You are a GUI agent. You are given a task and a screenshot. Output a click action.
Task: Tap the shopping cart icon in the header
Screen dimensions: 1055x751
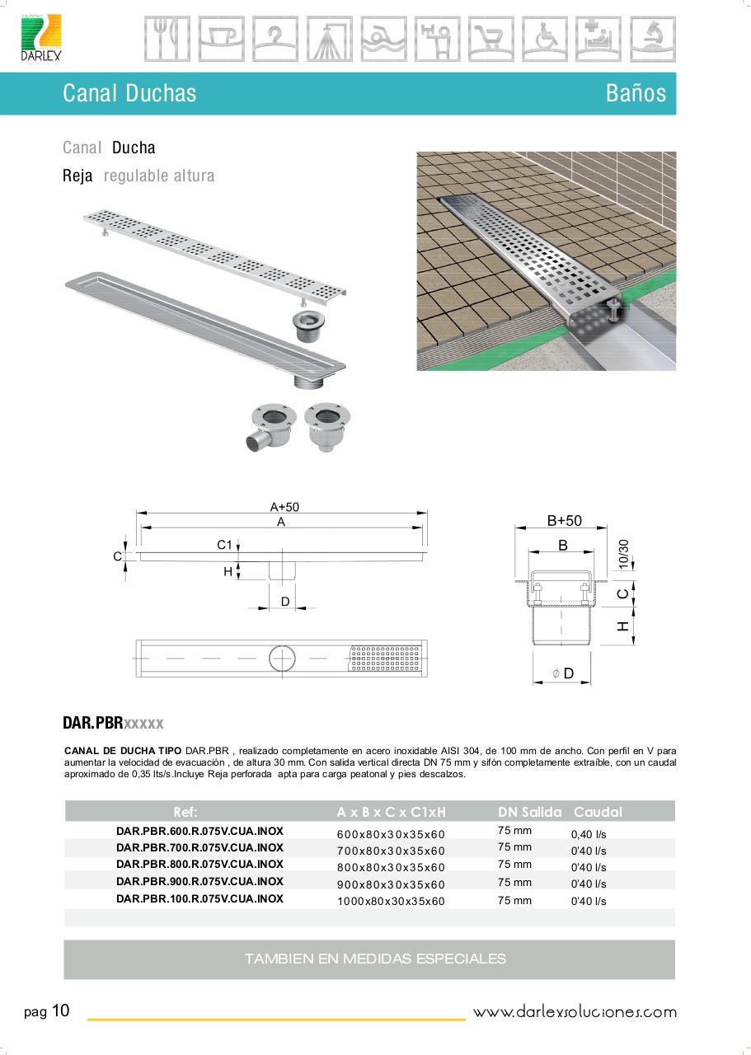490,39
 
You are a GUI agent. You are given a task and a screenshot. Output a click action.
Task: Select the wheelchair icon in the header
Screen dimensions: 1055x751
544,39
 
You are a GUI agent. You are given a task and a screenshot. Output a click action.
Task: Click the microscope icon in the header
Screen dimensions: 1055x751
652,39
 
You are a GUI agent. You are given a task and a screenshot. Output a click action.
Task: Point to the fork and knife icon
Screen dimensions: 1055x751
167,39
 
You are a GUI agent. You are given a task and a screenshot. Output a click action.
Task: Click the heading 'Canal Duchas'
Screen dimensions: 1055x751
129,93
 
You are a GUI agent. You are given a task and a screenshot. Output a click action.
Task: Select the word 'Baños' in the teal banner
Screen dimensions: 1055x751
636,93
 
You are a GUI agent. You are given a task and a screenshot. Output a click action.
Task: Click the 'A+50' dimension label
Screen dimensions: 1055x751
284,507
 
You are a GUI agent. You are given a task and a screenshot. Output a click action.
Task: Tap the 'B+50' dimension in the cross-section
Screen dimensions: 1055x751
565,520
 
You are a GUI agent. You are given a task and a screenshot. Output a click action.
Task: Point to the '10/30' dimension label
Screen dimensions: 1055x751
623,553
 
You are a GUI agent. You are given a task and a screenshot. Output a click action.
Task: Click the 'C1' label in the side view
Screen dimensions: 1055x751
224,545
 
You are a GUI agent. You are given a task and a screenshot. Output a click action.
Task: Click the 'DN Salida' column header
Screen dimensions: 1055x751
529,812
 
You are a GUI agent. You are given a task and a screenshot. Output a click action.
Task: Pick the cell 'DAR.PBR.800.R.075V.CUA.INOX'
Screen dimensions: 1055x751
199,865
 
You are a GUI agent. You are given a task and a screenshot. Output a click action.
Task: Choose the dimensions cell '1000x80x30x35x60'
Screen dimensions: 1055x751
391,901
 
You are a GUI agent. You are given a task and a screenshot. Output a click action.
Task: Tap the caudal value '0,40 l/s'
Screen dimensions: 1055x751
589,834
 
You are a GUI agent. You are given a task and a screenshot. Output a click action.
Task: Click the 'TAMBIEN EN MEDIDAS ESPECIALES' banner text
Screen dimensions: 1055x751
375,959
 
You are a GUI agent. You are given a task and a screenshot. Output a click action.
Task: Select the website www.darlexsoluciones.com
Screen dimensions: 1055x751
575,1012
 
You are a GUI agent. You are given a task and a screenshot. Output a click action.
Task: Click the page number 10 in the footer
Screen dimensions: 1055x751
61,1011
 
